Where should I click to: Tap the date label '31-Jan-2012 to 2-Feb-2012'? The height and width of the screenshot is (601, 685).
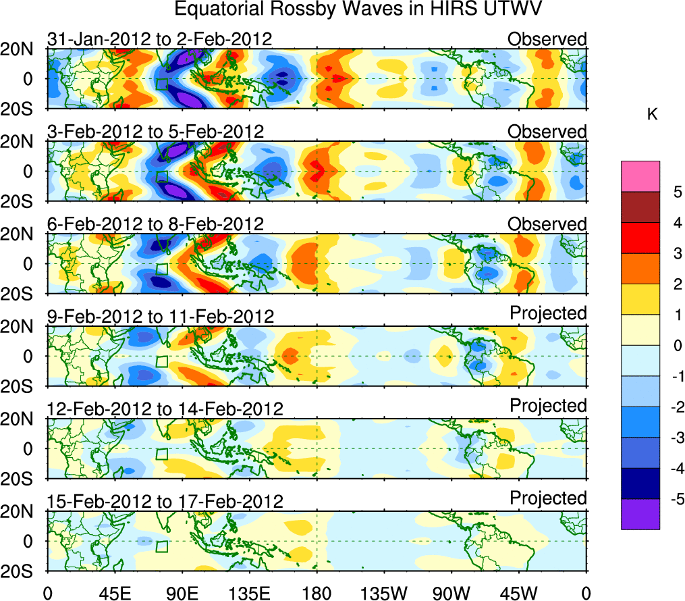(160, 39)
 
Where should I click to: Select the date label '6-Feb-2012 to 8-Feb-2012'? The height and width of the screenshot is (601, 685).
(155, 224)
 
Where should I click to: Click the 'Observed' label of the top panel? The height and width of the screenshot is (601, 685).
(547, 39)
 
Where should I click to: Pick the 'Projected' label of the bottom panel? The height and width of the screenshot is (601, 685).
(548, 498)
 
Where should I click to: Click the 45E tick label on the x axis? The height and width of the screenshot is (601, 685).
(114, 592)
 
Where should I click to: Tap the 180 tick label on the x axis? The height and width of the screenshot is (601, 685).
(317, 592)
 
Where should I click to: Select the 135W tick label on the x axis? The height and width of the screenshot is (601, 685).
(383, 592)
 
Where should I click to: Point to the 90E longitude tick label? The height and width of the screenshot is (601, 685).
(182, 592)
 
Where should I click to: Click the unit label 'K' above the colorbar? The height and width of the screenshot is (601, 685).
(652, 115)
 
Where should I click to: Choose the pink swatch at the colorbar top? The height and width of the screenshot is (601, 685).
(640, 176)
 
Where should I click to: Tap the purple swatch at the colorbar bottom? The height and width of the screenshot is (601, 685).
(640, 514)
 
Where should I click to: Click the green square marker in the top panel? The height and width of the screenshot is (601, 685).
(162, 84)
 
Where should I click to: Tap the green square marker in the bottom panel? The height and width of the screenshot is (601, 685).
(162, 546)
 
